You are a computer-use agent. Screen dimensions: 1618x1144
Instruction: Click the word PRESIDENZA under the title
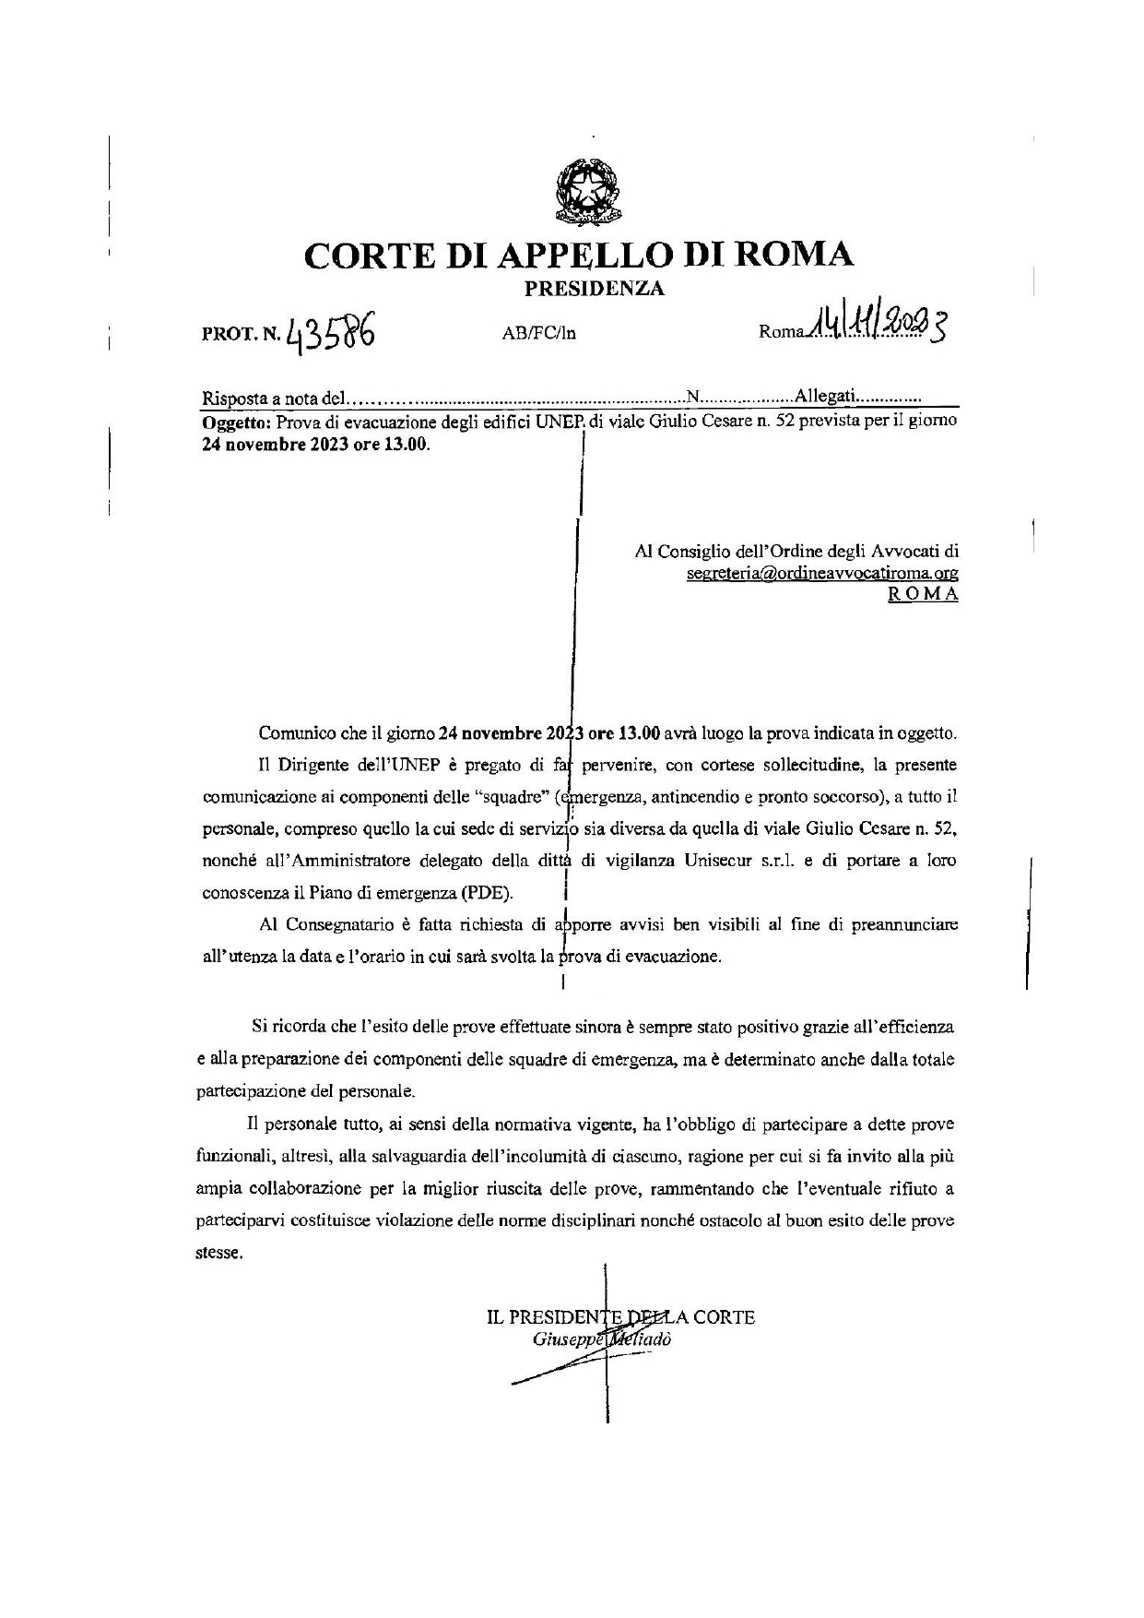click(x=594, y=289)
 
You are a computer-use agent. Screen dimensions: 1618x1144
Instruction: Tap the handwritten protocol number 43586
click(x=330, y=328)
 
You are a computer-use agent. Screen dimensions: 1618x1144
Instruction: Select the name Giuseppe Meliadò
click(x=602, y=1339)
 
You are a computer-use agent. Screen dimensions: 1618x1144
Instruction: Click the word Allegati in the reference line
click(x=826, y=398)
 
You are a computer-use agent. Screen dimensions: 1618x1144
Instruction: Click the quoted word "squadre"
click(x=518, y=797)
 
